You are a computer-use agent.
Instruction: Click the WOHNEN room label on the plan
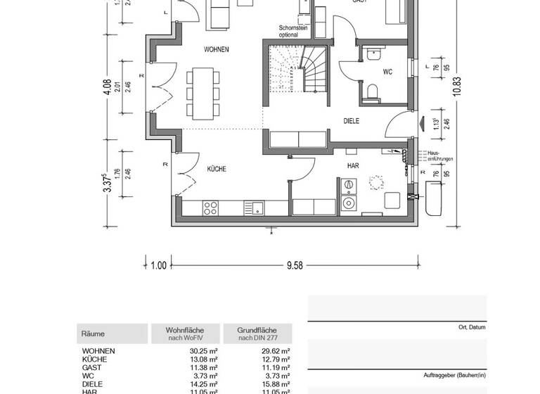pyautogui.click(x=217, y=49)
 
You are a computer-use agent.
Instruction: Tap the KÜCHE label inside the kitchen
pyautogui.click(x=216, y=169)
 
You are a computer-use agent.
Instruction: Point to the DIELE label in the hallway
pyautogui.click(x=352, y=121)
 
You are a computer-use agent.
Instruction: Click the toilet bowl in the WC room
pyautogui.click(x=373, y=89)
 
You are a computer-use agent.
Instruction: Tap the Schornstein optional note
pyautogui.click(x=293, y=31)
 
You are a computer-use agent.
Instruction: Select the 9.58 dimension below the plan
pyautogui.click(x=294, y=265)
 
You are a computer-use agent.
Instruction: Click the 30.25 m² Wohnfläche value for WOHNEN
pyautogui.click(x=205, y=350)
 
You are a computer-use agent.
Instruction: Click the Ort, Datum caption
pyautogui.click(x=472, y=327)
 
